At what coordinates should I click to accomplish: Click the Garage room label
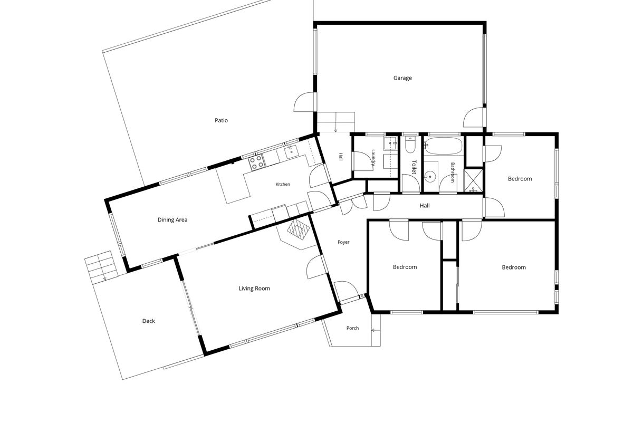click(402, 78)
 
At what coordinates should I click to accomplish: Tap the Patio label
click(222, 120)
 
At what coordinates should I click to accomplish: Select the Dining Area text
click(172, 220)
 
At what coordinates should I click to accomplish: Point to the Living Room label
click(254, 289)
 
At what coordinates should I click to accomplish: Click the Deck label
click(149, 321)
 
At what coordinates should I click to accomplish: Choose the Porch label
click(352, 328)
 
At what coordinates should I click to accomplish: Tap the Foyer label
click(343, 242)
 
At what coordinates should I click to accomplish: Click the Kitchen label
click(283, 184)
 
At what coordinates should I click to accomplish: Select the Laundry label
click(373, 158)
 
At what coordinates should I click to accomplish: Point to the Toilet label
click(414, 167)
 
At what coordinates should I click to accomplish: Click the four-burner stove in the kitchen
click(256, 163)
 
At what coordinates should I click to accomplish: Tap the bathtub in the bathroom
click(444, 146)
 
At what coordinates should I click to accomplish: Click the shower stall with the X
click(473, 180)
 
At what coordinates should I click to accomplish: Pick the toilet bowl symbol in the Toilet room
click(410, 145)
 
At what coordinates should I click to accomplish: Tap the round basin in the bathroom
click(430, 176)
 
